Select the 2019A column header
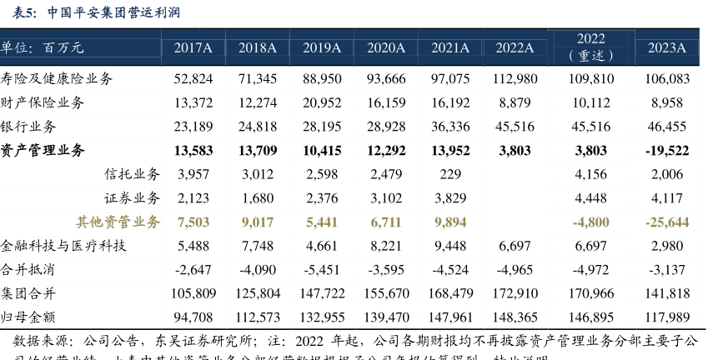pos(322,47)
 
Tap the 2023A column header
pos(667,47)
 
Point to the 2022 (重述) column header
pos(591,47)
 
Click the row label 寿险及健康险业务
pos(57,78)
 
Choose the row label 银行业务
pos(29,127)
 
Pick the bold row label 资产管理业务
pos(43,151)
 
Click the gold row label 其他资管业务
pos(118,222)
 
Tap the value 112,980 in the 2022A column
pos(515,78)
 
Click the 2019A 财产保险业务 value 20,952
pos(322,102)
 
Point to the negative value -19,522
pos(667,151)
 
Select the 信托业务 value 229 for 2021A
pos(450,174)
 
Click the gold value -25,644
pos(667,222)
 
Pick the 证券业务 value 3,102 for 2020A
pos(386,198)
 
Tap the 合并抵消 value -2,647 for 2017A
pos(193,270)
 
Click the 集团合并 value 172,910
pos(515,293)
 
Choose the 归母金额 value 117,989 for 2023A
pos(667,317)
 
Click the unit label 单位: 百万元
pos(43,47)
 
